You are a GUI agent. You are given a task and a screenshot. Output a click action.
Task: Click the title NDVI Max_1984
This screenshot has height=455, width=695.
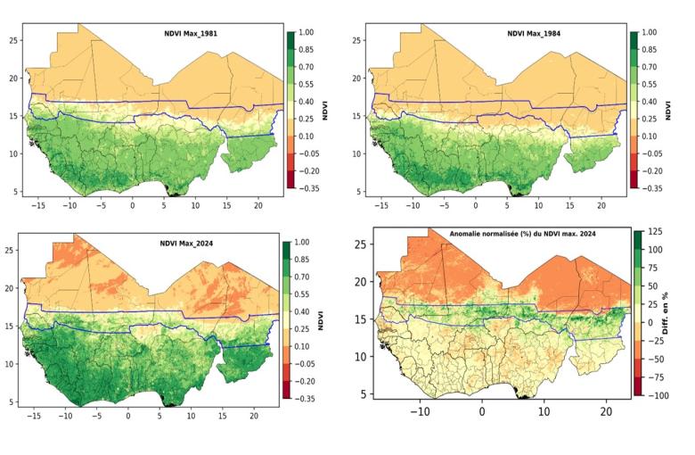click(533, 34)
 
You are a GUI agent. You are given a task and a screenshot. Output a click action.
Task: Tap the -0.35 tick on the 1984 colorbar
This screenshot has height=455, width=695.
click(653, 188)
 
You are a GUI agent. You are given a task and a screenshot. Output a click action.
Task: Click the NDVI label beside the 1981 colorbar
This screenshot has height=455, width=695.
click(326, 111)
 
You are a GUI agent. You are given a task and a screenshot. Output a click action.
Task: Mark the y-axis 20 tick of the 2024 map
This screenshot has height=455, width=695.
click(9, 288)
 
